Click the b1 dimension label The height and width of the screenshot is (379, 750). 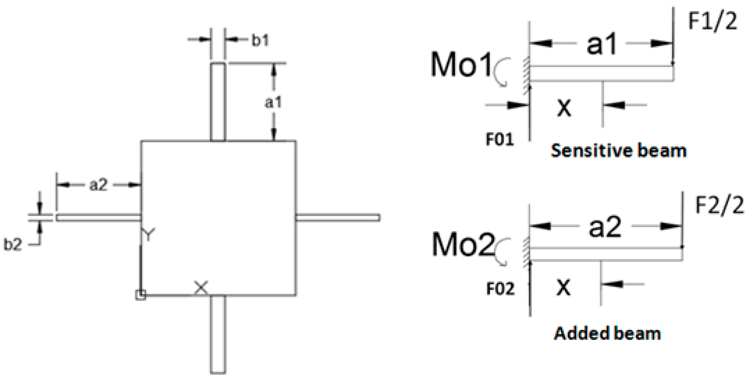(x=260, y=41)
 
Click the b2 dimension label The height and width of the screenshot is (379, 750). (x=13, y=245)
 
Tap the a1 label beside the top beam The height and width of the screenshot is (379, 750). (x=273, y=103)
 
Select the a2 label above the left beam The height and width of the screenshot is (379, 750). (x=98, y=185)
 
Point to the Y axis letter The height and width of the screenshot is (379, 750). (x=148, y=235)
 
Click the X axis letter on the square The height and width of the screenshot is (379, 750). (x=201, y=288)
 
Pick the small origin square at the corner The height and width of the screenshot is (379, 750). (x=141, y=295)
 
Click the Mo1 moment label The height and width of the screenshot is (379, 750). (x=461, y=65)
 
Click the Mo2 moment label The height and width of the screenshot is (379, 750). (x=462, y=245)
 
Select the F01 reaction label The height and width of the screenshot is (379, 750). (x=499, y=140)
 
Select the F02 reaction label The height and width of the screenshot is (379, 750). (x=500, y=288)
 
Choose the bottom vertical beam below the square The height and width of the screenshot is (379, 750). (x=218, y=334)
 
